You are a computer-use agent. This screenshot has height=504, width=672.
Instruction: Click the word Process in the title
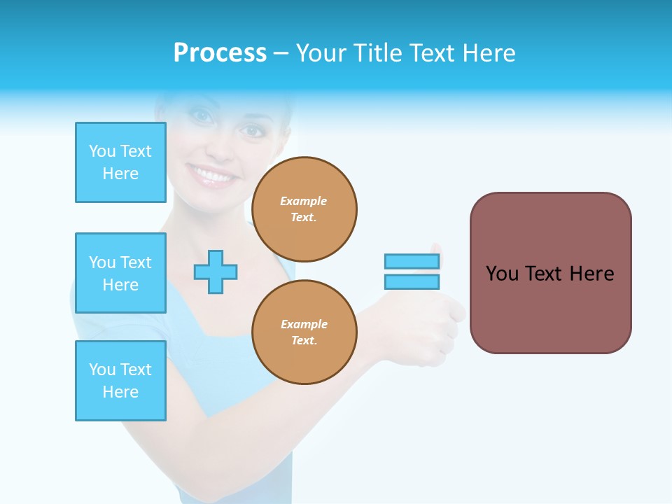pos(220,53)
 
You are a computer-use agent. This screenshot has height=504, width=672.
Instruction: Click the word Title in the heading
pos(377,53)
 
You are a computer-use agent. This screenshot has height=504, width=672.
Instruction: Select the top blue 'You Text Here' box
pos(120,162)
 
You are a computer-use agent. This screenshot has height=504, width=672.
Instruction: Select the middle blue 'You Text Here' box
pos(120,273)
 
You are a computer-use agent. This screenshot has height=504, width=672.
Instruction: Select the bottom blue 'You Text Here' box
pos(120,381)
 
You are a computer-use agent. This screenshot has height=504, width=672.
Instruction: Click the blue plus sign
pos(216,272)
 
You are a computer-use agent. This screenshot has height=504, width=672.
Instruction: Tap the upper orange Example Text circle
pos(304,209)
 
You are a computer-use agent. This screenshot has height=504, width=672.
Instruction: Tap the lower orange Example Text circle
pos(304,332)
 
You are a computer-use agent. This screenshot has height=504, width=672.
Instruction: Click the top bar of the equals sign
pos(412,261)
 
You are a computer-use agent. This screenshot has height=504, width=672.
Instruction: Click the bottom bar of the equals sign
pos(412,281)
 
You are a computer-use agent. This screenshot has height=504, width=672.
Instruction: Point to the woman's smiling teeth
pos(211,174)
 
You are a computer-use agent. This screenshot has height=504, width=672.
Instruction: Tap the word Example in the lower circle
pos(304,324)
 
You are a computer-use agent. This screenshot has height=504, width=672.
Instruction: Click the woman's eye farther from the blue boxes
pos(250,130)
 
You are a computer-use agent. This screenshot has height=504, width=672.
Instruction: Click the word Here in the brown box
pos(591,274)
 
